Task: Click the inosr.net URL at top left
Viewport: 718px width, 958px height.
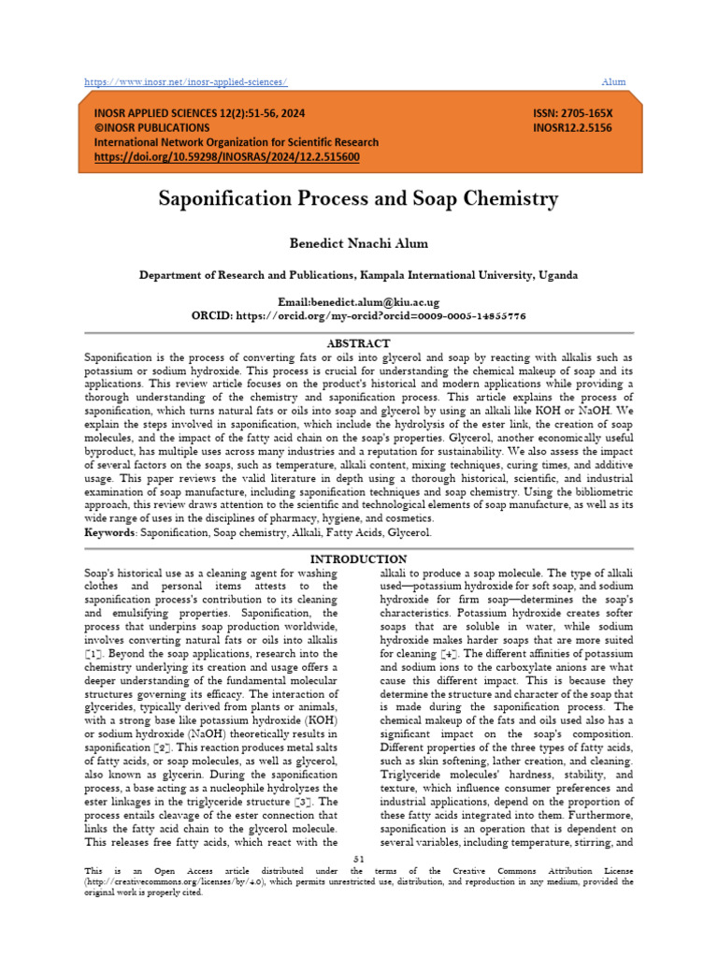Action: click(186, 82)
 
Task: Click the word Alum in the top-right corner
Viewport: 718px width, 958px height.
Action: click(613, 82)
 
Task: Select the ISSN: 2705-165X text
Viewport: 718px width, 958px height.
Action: click(572, 112)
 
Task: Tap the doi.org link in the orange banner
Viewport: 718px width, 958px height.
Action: click(226, 157)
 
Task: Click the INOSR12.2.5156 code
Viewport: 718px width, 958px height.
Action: click(572, 127)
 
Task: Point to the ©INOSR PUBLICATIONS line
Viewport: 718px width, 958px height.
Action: click(152, 127)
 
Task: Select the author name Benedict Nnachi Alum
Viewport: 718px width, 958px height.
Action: click(358, 243)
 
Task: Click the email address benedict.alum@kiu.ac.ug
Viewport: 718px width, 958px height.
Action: click(374, 303)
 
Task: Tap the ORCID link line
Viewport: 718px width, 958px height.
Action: click(358, 316)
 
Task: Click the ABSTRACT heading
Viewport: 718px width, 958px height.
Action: click(358, 343)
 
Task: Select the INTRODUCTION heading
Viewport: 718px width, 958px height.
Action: click(358, 559)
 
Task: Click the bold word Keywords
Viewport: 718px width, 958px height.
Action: click(109, 532)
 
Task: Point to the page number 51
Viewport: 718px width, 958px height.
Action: click(358, 858)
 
